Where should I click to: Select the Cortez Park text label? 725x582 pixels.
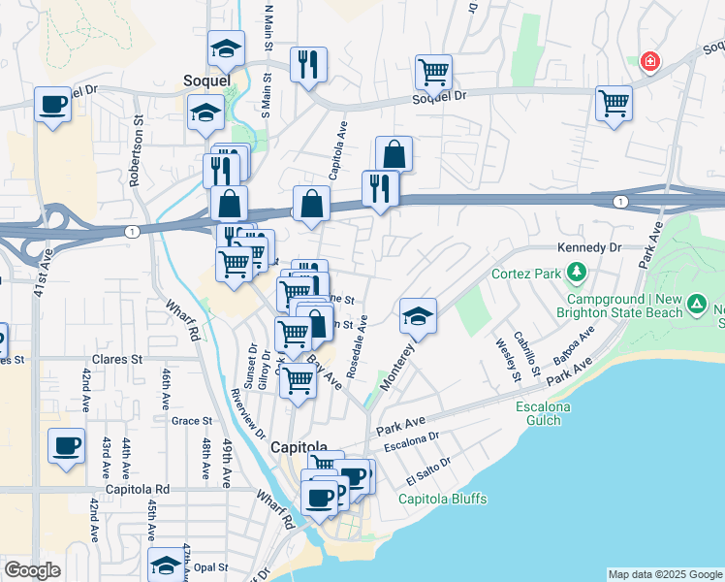527,273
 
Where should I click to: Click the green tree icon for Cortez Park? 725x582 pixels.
578,272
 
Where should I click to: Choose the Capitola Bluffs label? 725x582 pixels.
443,500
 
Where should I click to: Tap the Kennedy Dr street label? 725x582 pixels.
587,248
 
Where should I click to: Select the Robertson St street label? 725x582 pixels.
138,152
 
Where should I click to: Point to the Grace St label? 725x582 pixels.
191,421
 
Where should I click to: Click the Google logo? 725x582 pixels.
32,570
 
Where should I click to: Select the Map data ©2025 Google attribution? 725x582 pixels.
664,574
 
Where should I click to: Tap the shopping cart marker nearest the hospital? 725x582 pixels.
614,103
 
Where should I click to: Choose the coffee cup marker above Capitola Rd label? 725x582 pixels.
66,446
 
